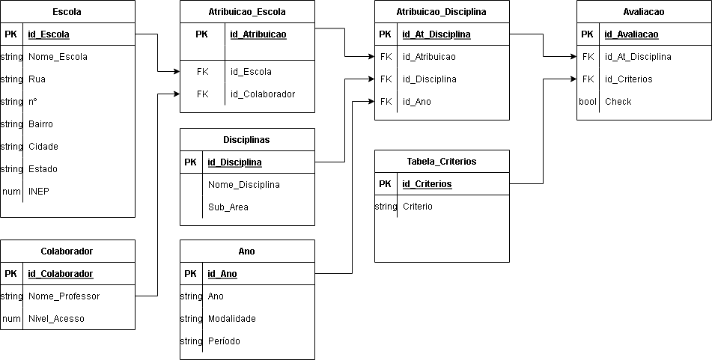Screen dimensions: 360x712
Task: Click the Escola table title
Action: [x=67, y=12]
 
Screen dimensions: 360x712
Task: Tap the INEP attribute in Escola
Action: [x=38, y=192]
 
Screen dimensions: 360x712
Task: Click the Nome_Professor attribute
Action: [x=64, y=296]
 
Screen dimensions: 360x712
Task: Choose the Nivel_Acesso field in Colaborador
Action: [x=56, y=319]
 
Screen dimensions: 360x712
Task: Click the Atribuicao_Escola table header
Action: [x=247, y=12]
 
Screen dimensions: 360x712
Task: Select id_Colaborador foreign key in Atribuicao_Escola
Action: [x=263, y=94]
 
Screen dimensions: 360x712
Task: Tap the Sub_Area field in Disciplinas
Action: [x=228, y=207]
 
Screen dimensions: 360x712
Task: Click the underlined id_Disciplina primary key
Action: [x=234, y=162]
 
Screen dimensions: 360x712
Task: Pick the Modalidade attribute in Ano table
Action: [x=232, y=319]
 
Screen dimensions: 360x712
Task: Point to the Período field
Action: [x=224, y=341]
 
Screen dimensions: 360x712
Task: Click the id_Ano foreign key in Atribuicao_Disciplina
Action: [x=417, y=102]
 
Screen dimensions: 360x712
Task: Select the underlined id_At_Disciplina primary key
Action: [x=436, y=34]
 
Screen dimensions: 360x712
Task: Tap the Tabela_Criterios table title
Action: [x=442, y=162]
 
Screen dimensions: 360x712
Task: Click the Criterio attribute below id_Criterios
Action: [x=417, y=207]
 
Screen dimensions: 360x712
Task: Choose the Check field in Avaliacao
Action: [x=618, y=102]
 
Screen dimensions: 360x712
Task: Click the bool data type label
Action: [x=588, y=102]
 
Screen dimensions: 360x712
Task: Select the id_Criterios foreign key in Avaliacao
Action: [x=628, y=79]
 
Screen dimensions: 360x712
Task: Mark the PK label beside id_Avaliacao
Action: [x=588, y=34]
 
